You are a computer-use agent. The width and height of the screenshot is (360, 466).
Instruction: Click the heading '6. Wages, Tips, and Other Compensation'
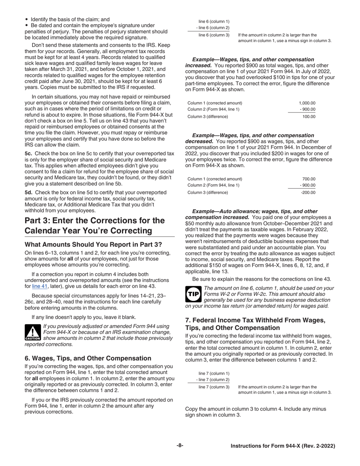[x=88, y=358]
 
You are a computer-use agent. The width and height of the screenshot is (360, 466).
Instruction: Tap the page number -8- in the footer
[x=180, y=446]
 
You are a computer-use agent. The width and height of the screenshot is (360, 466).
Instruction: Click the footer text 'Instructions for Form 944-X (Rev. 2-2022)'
[x=283, y=446]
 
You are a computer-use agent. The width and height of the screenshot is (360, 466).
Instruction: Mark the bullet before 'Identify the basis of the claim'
[x=26, y=19]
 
